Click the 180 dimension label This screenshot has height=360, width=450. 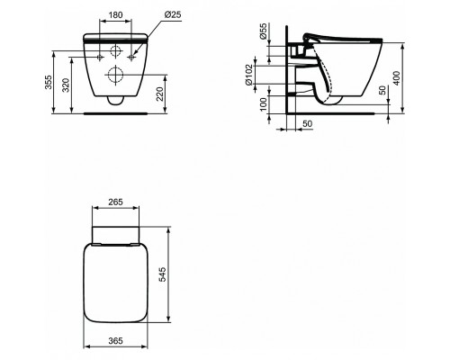click(x=115, y=14)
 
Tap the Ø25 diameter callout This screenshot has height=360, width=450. click(x=173, y=14)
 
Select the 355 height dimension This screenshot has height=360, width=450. click(x=49, y=82)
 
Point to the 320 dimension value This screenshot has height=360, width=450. click(x=66, y=85)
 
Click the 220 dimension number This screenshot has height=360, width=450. click(x=159, y=94)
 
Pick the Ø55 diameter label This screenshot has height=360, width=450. click(x=263, y=31)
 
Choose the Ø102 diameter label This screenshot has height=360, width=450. click(x=249, y=75)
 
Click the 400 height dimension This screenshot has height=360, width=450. click(x=397, y=78)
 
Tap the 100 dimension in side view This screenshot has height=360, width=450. click(x=263, y=103)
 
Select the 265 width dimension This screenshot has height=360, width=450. click(x=115, y=202)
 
